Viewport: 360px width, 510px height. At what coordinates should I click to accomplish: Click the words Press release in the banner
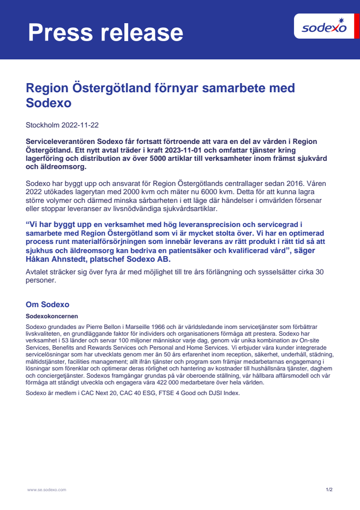(105, 33)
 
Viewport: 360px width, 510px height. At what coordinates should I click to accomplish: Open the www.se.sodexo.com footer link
(46, 490)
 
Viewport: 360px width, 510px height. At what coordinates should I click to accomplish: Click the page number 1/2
(329, 490)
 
